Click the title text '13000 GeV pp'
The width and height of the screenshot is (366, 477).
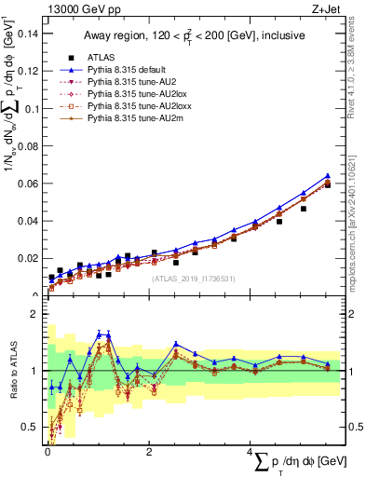point(79,8)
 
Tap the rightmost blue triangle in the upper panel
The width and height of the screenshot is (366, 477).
point(327,175)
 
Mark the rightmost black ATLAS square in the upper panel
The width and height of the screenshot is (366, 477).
point(327,184)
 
